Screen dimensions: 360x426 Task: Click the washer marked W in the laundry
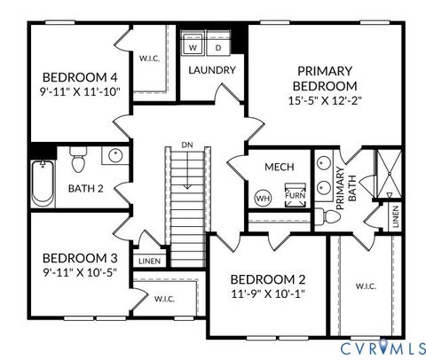pos(195,46)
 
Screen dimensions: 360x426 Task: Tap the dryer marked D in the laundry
pos(218,46)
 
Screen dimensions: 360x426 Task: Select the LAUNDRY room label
pos(212,70)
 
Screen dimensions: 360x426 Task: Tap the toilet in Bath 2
pos(77,160)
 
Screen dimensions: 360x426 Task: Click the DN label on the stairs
pos(186,145)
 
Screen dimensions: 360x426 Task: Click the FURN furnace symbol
pos(293,195)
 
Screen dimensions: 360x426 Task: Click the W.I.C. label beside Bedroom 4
pos(149,59)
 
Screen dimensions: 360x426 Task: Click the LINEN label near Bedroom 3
pos(147,262)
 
